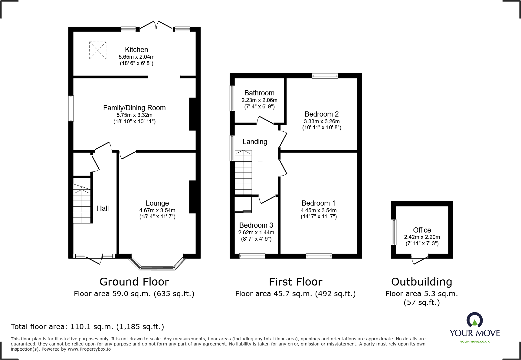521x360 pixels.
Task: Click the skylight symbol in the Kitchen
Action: (98, 51)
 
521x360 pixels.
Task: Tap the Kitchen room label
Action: (136, 50)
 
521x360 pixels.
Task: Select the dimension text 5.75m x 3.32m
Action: (134, 115)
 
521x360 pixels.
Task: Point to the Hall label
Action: (103, 208)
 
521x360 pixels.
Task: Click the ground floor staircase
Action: (82, 204)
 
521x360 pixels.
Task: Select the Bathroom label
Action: (259, 93)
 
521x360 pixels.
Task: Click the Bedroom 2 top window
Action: (325, 76)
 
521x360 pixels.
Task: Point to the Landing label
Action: (255, 142)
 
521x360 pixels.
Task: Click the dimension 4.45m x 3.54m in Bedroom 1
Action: (319, 210)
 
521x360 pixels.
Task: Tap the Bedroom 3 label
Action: (256, 225)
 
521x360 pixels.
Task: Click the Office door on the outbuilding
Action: (420, 260)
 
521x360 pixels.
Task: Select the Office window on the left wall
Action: (394, 232)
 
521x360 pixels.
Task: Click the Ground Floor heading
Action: (134, 282)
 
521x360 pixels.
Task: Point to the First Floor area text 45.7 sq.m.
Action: (295, 294)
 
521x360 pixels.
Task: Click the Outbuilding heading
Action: (421, 282)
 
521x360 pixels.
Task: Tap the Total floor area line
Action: (87, 327)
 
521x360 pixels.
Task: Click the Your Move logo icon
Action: (474, 320)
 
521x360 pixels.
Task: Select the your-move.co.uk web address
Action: (475, 342)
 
